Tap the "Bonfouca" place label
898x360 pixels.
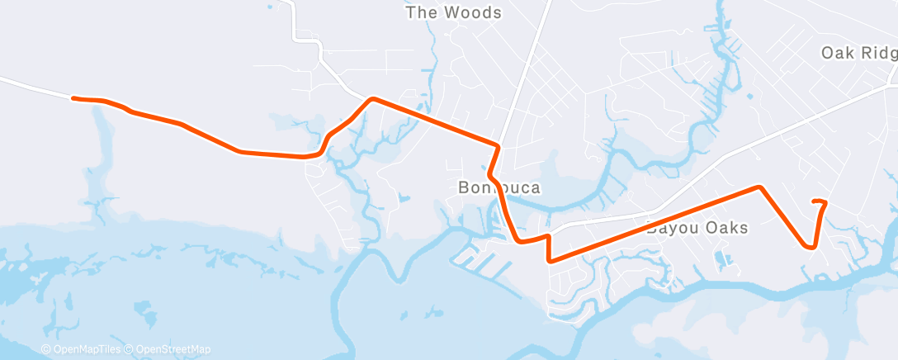click(x=499, y=188)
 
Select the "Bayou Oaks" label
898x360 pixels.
click(x=697, y=228)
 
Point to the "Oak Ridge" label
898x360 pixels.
click(x=858, y=54)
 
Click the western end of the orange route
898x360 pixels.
click(x=74, y=98)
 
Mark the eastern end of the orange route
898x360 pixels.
click(x=815, y=201)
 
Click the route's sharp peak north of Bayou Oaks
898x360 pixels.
click(x=759, y=187)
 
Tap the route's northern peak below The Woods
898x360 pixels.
click(x=373, y=99)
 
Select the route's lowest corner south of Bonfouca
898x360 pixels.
click(x=549, y=260)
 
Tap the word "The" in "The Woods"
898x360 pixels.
click(x=418, y=12)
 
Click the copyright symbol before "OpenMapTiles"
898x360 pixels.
click(x=46, y=349)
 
